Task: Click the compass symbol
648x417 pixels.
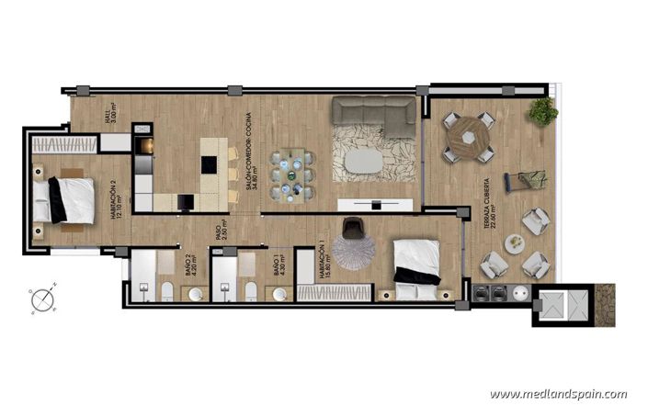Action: point(41,299)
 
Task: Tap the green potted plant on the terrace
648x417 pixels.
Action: point(543,112)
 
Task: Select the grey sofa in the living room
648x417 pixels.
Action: point(373,117)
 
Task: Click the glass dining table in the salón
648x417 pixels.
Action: point(291,172)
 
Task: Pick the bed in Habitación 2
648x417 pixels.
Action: point(66,199)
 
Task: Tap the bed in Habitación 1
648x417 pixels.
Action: point(418,268)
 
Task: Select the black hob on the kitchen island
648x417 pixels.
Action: point(210,164)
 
